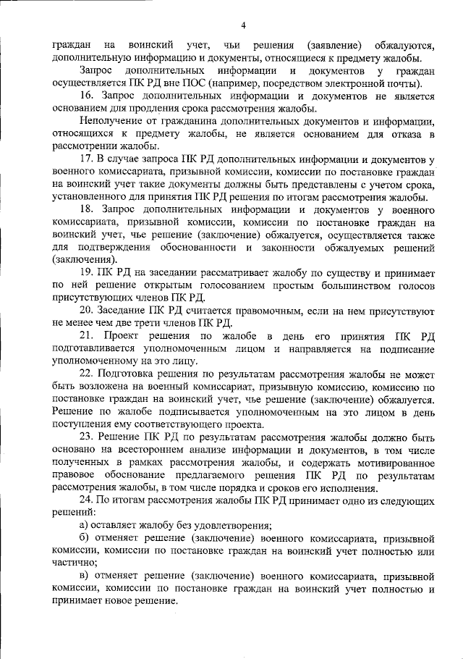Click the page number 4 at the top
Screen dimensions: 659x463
click(243, 26)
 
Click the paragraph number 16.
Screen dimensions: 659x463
click(87, 96)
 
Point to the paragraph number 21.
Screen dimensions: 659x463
click(87, 337)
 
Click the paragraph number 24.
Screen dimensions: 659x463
click(87, 500)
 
